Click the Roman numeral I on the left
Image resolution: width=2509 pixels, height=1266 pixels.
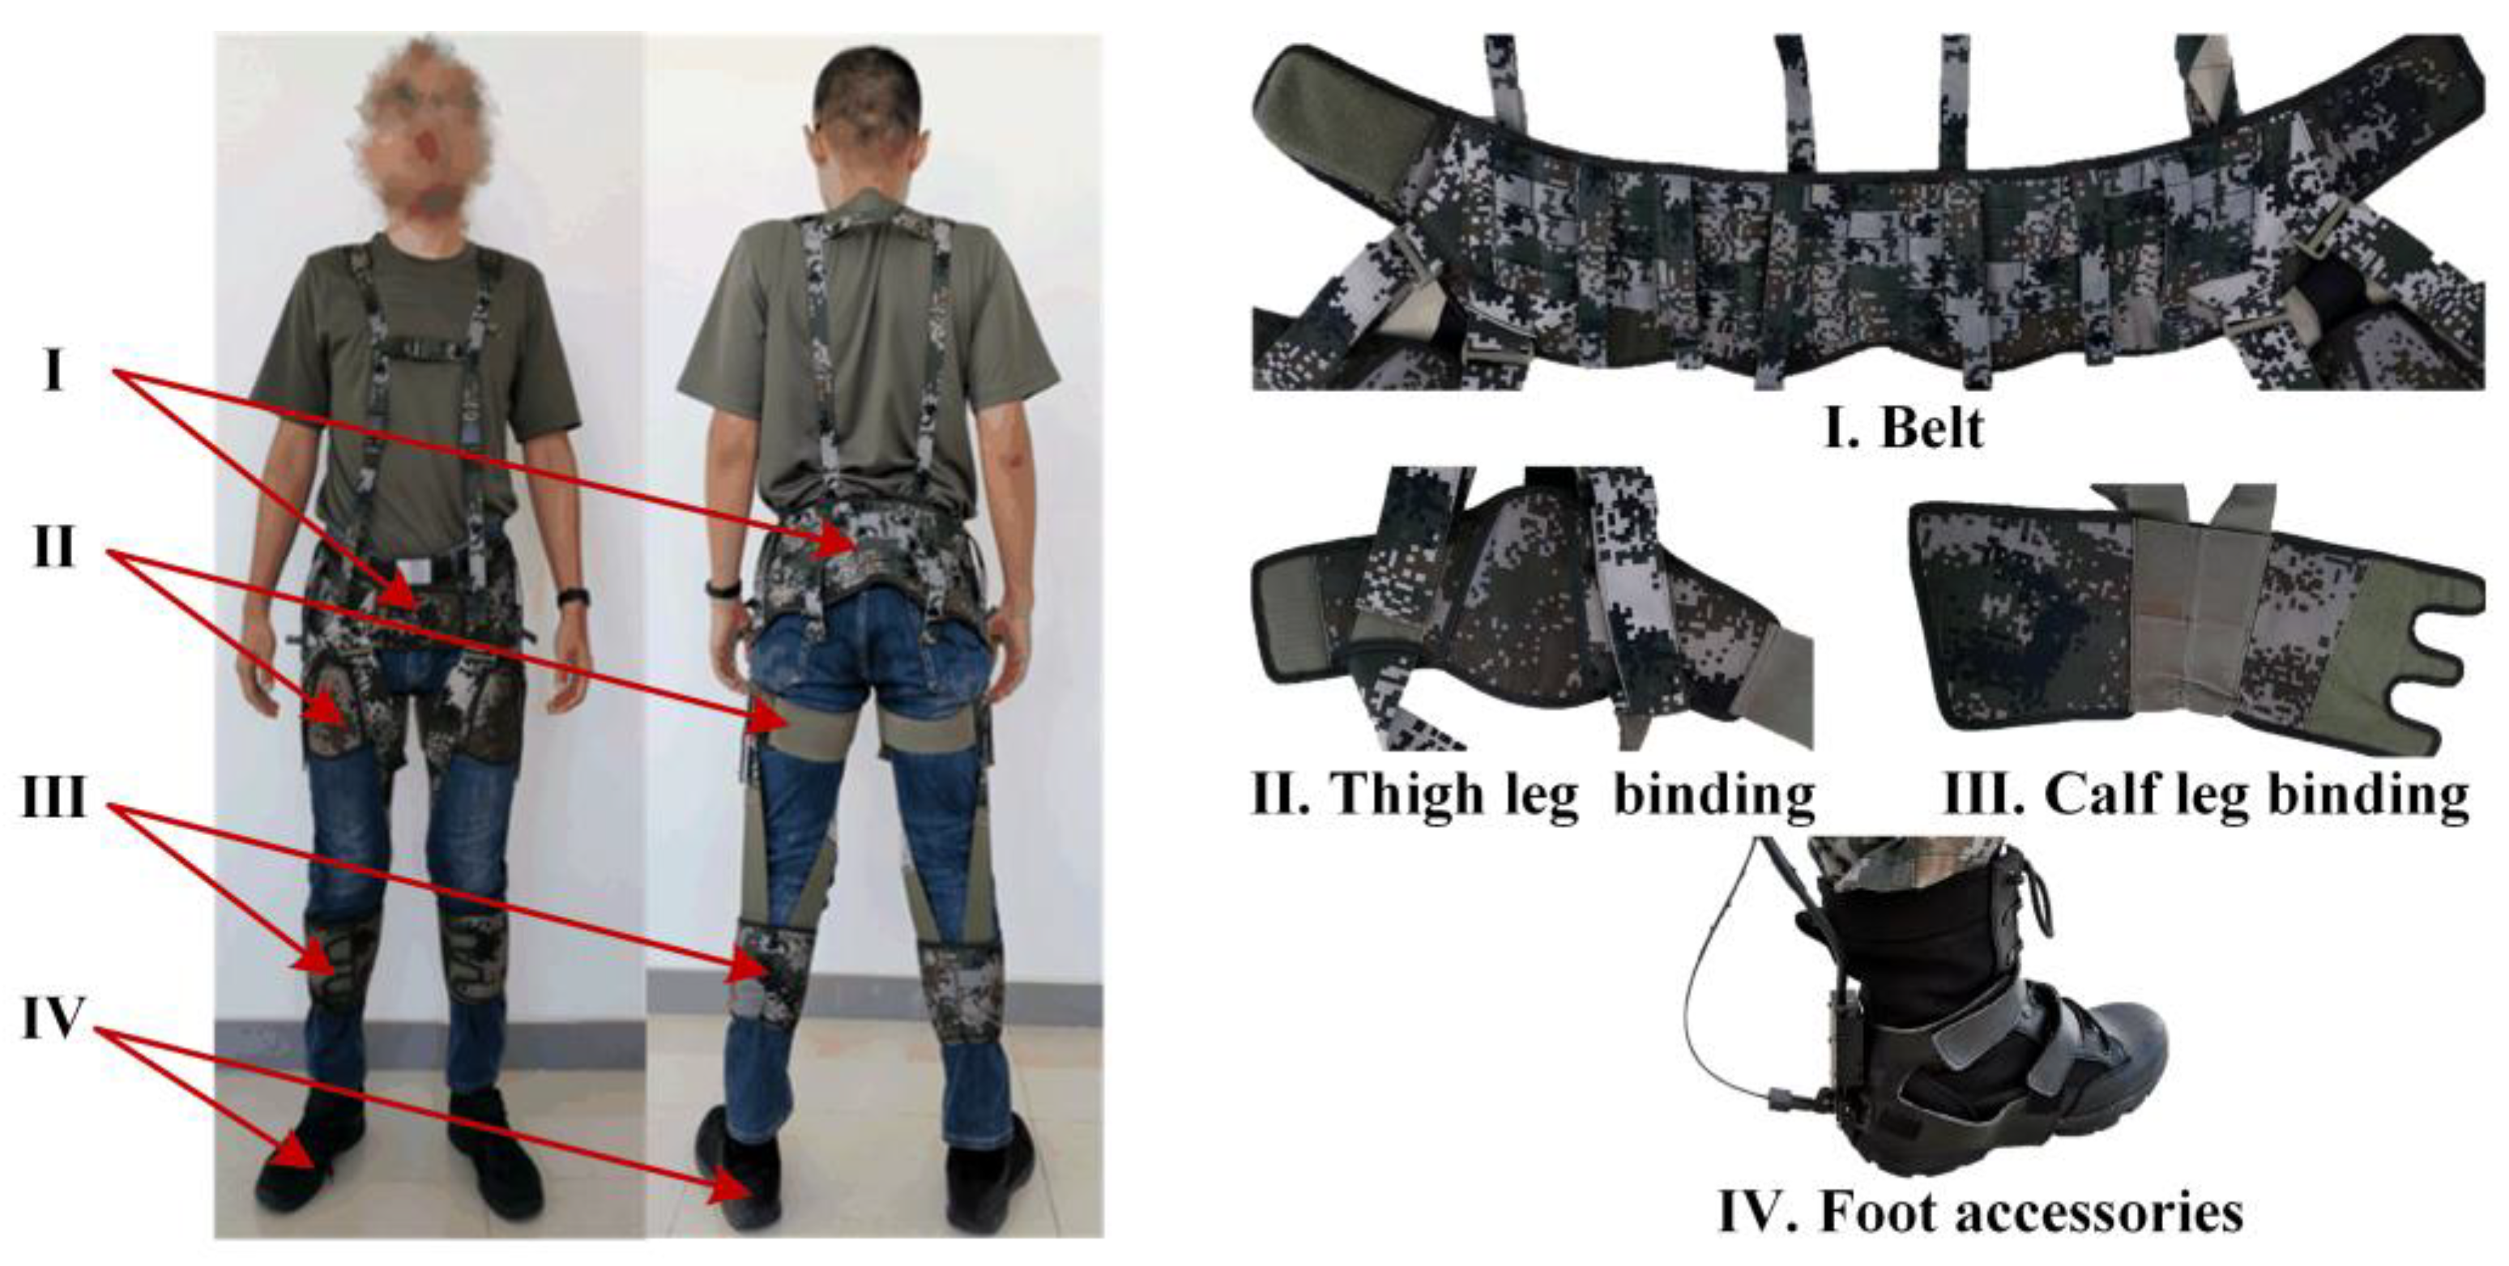point(53,371)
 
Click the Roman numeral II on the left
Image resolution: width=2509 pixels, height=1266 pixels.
point(53,549)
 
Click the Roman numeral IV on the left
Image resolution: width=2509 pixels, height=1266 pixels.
point(51,1019)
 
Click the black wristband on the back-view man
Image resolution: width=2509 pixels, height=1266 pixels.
point(721,588)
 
